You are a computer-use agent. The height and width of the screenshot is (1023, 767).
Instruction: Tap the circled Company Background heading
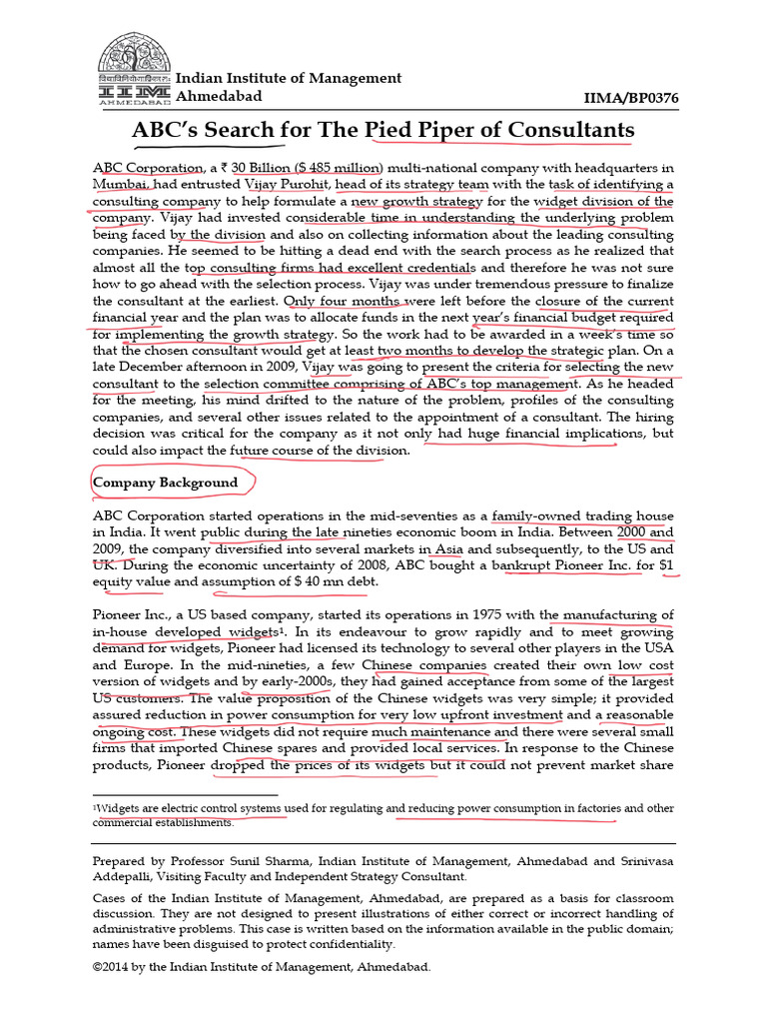165,483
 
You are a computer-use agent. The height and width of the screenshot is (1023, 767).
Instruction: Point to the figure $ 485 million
335,167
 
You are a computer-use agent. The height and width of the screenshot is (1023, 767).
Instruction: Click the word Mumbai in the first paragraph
121,184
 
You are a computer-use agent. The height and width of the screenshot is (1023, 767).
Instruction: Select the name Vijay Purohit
292,184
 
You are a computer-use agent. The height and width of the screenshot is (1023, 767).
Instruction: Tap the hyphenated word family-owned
540,515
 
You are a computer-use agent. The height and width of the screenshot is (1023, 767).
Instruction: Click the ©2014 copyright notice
261,967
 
